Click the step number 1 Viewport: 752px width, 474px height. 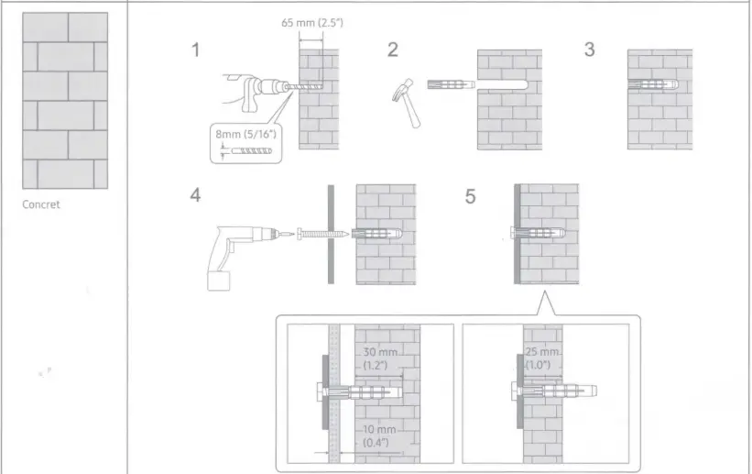pyautogui.click(x=195, y=50)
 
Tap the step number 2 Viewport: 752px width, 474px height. pyautogui.click(x=393, y=50)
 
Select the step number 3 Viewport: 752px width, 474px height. pyautogui.click(x=590, y=49)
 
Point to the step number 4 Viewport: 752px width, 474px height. pyautogui.click(x=195, y=195)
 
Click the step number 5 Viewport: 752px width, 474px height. pyautogui.click(x=470, y=196)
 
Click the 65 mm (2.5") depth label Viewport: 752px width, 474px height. pyautogui.click(x=312, y=23)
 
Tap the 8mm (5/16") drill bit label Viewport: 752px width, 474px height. pyautogui.click(x=246, y=134)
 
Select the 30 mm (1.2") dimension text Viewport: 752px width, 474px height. pyautogui.click(x=379, y=358)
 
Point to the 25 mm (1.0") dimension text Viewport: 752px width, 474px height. pyautogui.click(x=542, y=358)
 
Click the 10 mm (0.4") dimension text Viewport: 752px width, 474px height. pyautogui.click(x=379, y=435)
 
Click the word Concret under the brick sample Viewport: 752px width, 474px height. pyautogui.click(x=41, y=204)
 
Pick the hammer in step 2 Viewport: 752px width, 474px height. pyautogui.click(x=406, y=103)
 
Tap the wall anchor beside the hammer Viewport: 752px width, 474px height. pyautogui.click(x=451, y=84)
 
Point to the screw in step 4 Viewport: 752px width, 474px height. pyautogui.click(x=322, y=234)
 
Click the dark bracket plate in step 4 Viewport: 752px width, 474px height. pyautogui.click(x=331, y=235)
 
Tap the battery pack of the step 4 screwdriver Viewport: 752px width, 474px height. pyautogui.click(x=219, y=281)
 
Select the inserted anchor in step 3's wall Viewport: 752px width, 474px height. pyautogui.click(x=653, y=85)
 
